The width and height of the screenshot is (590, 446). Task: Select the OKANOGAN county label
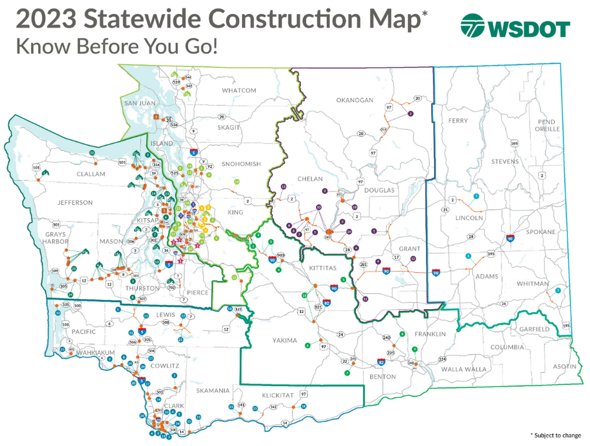355,100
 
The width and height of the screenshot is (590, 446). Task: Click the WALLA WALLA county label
464,369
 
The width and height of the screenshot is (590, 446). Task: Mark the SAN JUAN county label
140,103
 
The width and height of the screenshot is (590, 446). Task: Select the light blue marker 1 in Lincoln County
476,196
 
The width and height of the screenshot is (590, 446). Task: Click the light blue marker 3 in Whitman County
557,291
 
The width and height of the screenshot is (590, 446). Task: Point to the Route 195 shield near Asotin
566,326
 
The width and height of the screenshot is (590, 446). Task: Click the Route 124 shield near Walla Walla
442,359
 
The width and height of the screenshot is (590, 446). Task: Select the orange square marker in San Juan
156,117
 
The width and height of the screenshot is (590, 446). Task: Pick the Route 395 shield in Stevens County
514,143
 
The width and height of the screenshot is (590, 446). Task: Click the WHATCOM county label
239,90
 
